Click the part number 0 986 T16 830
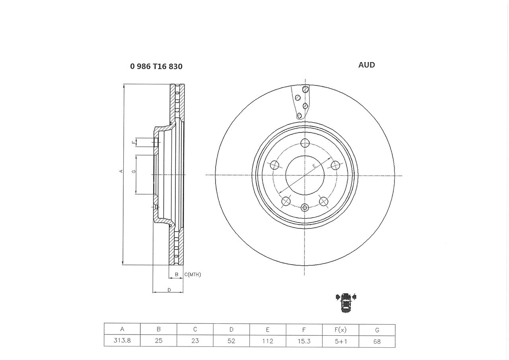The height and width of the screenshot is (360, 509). pos(156,66)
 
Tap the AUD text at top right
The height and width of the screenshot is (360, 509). pos(367,65)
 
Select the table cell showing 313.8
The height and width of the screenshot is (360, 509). pos(122,340)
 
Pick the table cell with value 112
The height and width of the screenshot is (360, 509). pos(268,341)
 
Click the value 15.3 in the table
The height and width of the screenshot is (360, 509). pos(304,341)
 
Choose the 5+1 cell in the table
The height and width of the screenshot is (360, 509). pos(341,341)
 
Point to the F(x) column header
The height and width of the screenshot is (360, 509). pos(340,330)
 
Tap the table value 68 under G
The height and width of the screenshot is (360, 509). pos(377,342)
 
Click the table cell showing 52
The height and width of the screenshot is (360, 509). pos(231,341)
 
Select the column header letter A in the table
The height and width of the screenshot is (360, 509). pos(122,329)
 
